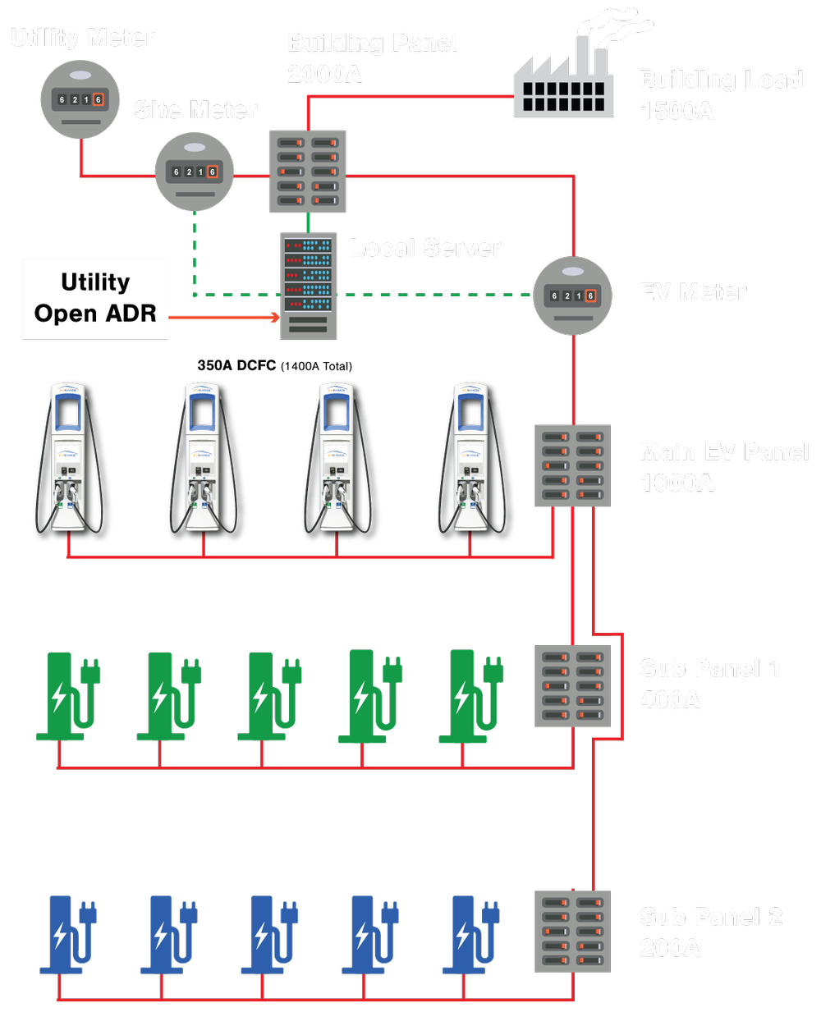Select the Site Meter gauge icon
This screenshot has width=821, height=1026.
(194, 172)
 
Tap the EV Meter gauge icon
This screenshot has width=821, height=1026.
(572, 295)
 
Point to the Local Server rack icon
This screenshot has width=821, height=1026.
(308, 286)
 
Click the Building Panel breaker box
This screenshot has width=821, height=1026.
(308, 172)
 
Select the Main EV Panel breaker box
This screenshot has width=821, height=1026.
(572, 465)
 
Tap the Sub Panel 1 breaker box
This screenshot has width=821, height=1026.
(572, 685)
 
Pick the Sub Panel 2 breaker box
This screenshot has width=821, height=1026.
(572, 931)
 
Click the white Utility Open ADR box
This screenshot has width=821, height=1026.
(96, 299)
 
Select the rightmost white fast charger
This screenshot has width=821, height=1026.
(470, 456)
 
